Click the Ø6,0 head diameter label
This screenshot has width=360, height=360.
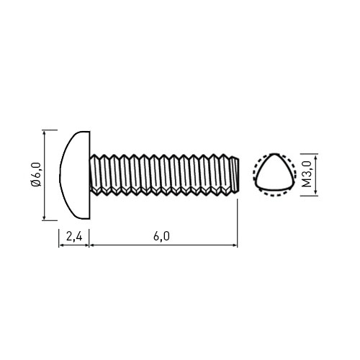37,174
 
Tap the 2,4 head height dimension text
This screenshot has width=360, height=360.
74,237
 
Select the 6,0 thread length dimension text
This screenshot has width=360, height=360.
161,237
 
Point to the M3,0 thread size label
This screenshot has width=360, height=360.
307,174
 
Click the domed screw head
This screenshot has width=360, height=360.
75,175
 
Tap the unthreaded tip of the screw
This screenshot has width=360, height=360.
234,174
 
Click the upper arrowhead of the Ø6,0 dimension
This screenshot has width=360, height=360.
44,132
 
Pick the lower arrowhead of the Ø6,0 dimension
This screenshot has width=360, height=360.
44,217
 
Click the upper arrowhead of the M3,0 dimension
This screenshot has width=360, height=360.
315,157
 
